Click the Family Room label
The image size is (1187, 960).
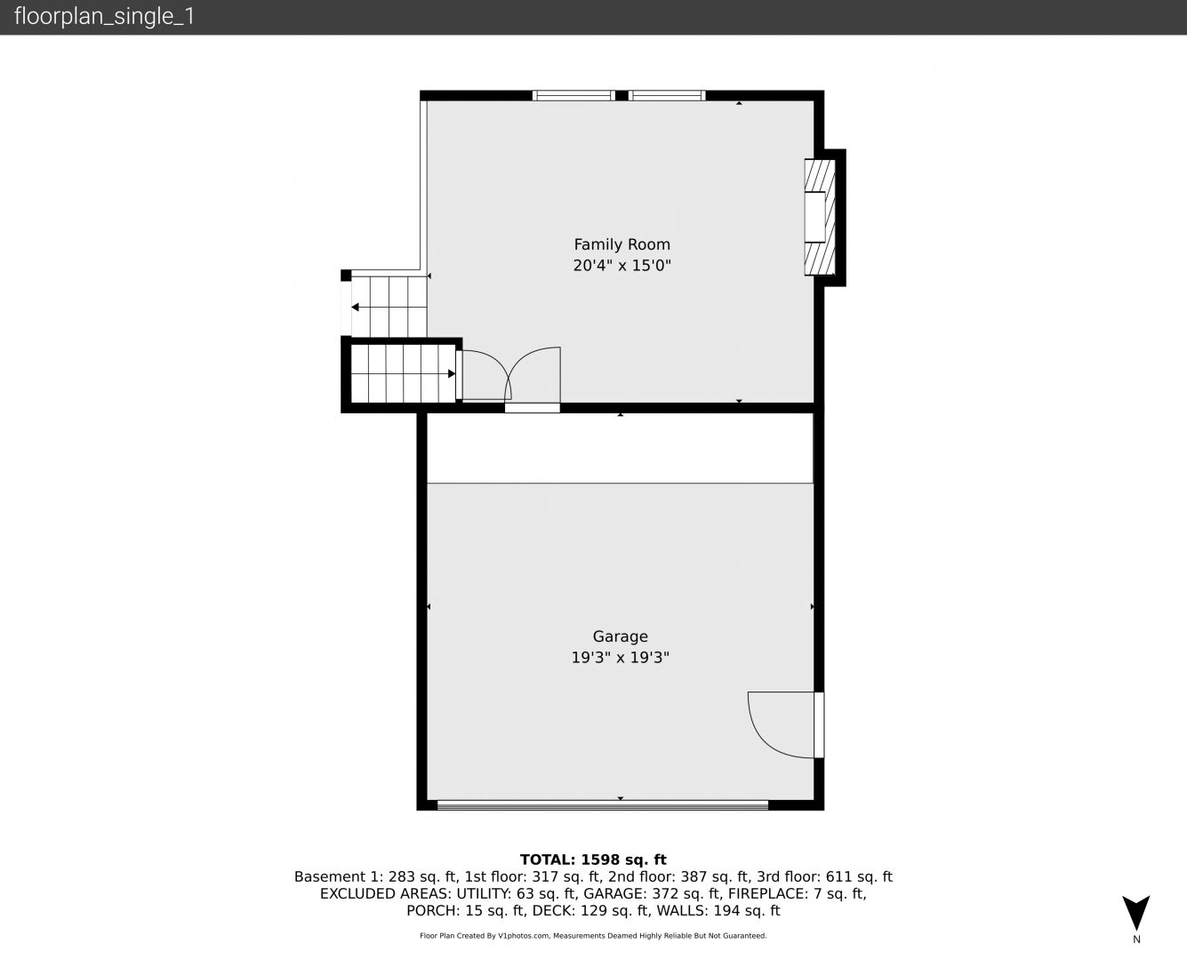(622, 244)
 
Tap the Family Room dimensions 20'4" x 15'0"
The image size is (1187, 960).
(622, 265)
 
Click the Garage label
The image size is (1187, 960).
(621, 636)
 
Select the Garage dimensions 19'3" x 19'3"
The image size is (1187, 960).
(621, 658)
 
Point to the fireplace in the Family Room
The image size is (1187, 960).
(820, 217)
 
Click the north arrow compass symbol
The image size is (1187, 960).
(1136, 913)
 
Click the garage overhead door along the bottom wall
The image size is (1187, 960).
(603, 804)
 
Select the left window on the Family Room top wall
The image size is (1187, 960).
(573, 95)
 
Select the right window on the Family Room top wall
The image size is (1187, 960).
(667, 95)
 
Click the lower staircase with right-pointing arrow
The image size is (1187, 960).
(404, 373)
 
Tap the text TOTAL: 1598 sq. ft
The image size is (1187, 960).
(593, 860)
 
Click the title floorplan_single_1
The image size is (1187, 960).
(104, 17)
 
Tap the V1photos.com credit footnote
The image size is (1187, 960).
(593, 936)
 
